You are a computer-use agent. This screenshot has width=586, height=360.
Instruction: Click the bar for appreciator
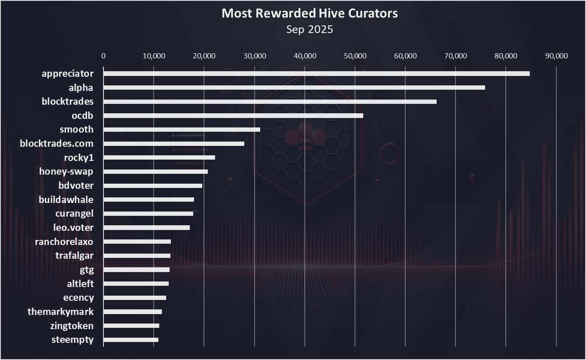tap(316, 73)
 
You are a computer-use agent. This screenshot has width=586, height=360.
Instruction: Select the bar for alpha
tap(294, 88)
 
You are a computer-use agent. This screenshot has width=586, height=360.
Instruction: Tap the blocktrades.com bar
tap(174, 144)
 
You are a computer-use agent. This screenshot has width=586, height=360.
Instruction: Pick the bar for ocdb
tap(233, 115)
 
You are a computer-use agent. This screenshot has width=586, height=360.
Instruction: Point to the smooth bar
tap(182, 130)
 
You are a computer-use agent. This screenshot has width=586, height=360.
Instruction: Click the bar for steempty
tap(131, 340)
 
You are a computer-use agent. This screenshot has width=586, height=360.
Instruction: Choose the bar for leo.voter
tap(146, 227)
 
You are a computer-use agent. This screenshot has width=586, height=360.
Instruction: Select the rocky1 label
tap(79, 157)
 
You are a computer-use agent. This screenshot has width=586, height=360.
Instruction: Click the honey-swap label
tap(66, 172)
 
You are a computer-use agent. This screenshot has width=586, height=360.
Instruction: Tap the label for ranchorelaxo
tap(64, 242)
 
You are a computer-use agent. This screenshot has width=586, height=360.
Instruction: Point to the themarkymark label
tap(61, 312)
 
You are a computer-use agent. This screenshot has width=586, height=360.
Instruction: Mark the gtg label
tap(87, 270)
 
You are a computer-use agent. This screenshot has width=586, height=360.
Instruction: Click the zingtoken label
tap(72, 326)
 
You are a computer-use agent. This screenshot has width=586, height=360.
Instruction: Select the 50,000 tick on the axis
tap(355, 56)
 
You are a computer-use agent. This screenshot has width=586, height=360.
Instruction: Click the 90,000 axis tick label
tap(556, 56)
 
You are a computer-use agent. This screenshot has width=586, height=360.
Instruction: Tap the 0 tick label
tap(103, 56)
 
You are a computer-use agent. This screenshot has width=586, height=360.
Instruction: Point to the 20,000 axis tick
tap(204, 56)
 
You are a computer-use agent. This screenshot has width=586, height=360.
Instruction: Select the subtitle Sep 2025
tap(310, 29)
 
